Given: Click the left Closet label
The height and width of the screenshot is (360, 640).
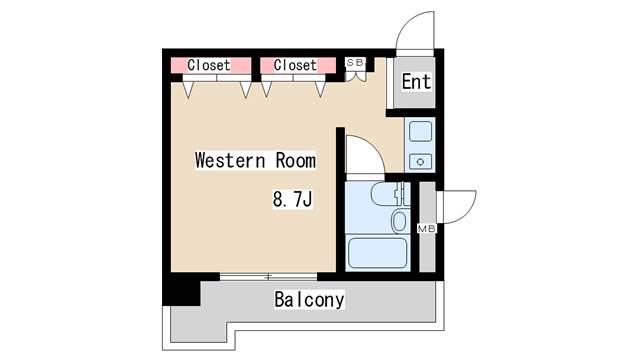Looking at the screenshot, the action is [x=209, y=65].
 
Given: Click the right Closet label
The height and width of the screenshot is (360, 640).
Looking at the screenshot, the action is [x=295, y=65].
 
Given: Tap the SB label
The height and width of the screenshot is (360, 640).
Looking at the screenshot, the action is [x=355, y=62].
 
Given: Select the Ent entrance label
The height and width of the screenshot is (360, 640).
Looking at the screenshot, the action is [x=416, y=81].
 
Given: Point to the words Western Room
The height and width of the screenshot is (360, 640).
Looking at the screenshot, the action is [x=256, y=160].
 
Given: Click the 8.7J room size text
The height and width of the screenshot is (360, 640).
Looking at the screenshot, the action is [x=292, y=200].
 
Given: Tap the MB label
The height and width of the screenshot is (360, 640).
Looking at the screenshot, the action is [x=427, y=229].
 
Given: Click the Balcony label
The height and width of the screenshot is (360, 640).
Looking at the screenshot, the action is [x=309, y=300].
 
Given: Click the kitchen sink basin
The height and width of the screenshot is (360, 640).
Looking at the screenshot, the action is [x=420, y=131].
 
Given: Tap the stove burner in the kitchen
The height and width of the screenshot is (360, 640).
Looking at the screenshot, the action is [x=420, y=162].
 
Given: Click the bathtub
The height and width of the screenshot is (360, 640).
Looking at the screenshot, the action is [x=377, y=253].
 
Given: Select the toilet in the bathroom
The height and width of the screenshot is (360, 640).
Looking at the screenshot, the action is [x=387, y=193].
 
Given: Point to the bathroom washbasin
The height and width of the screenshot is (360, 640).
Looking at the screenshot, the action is [x=400, y=221].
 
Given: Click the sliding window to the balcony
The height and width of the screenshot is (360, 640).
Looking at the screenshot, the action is [x=268, y=277].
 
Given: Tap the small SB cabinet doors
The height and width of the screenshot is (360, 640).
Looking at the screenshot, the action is [x=356, y=76].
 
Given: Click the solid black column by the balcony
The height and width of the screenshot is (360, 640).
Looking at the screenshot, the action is [x=181, y=289].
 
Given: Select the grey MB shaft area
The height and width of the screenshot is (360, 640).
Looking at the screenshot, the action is [x=427, y=227].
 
